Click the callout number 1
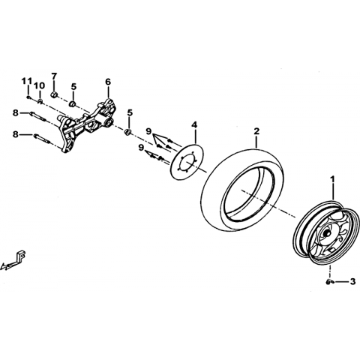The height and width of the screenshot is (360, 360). pyautogui.click(x=332, y=179)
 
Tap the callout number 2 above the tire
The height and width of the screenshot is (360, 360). pyautogui.click(x=256, y=131)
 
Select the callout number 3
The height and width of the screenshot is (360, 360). pyautogui.click(x=352, y=282)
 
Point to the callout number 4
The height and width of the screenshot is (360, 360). pyautogui.click(x=194, y=124)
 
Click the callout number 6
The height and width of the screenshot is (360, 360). pyautogui.click(x=108, y=82)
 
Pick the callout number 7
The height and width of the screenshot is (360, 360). pyautogui.click(x=54, y=76)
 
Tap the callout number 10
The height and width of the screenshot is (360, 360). pyautogui.click(x=40, y=85)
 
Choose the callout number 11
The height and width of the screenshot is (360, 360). pyautogui.click(x=26, y=81)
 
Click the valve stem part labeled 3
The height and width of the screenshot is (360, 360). pyautogui.click(x=328, y=282)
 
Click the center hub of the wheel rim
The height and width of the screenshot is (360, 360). pyautogui.click(x=325, y=232)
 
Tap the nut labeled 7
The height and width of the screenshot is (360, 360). pyautogui.click(x=55, y=95)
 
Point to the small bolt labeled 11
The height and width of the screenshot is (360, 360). pyautogui.click(x=28, y=97)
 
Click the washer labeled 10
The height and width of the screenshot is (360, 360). pyautogui.click(x=40, y=101)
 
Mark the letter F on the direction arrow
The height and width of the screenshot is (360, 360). pyautogui.click(x=22, y=256)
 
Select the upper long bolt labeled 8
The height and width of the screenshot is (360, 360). pyautogui.click(x=38, y=117)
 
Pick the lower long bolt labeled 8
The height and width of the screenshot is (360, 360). pyautogui.click(x=42, y=139)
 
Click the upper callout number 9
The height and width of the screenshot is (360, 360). pyautogui.click(x=148, y=131)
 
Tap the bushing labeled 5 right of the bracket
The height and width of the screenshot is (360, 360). pyautogui.click(x=128, y=132)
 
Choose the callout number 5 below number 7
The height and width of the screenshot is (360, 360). pyautogui.click(x=73, y=87)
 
